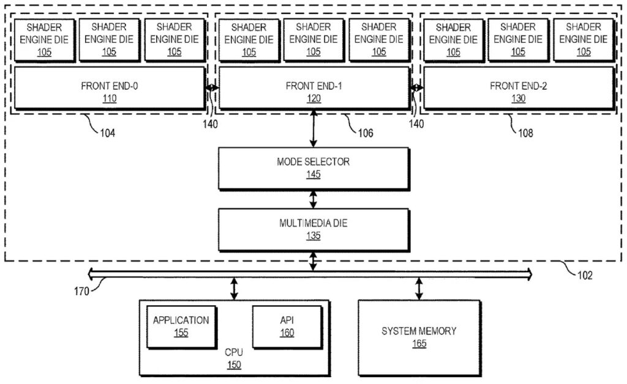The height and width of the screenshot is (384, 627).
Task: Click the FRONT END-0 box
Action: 109,89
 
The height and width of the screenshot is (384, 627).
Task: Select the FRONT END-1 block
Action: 313,89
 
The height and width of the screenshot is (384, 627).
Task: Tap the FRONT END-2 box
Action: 518,89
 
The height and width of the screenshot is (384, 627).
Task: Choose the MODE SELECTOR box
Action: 313,168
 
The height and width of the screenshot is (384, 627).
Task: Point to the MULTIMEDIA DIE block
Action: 313,229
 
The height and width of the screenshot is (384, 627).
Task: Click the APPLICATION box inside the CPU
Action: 181,327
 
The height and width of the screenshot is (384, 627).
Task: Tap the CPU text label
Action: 234,353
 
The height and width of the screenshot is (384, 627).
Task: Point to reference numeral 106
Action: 366,133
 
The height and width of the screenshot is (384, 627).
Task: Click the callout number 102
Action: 585,275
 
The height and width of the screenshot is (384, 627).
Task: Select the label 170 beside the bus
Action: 81,290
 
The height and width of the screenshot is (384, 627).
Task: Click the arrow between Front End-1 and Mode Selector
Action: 313,128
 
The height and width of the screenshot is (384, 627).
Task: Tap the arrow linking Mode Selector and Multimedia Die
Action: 313,199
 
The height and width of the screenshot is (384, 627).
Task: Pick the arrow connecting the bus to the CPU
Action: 234,289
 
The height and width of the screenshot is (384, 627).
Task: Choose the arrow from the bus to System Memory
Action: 419,289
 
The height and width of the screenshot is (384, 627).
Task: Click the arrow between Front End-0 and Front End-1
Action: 212,88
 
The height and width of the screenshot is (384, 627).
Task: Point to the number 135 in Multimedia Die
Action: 313,236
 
